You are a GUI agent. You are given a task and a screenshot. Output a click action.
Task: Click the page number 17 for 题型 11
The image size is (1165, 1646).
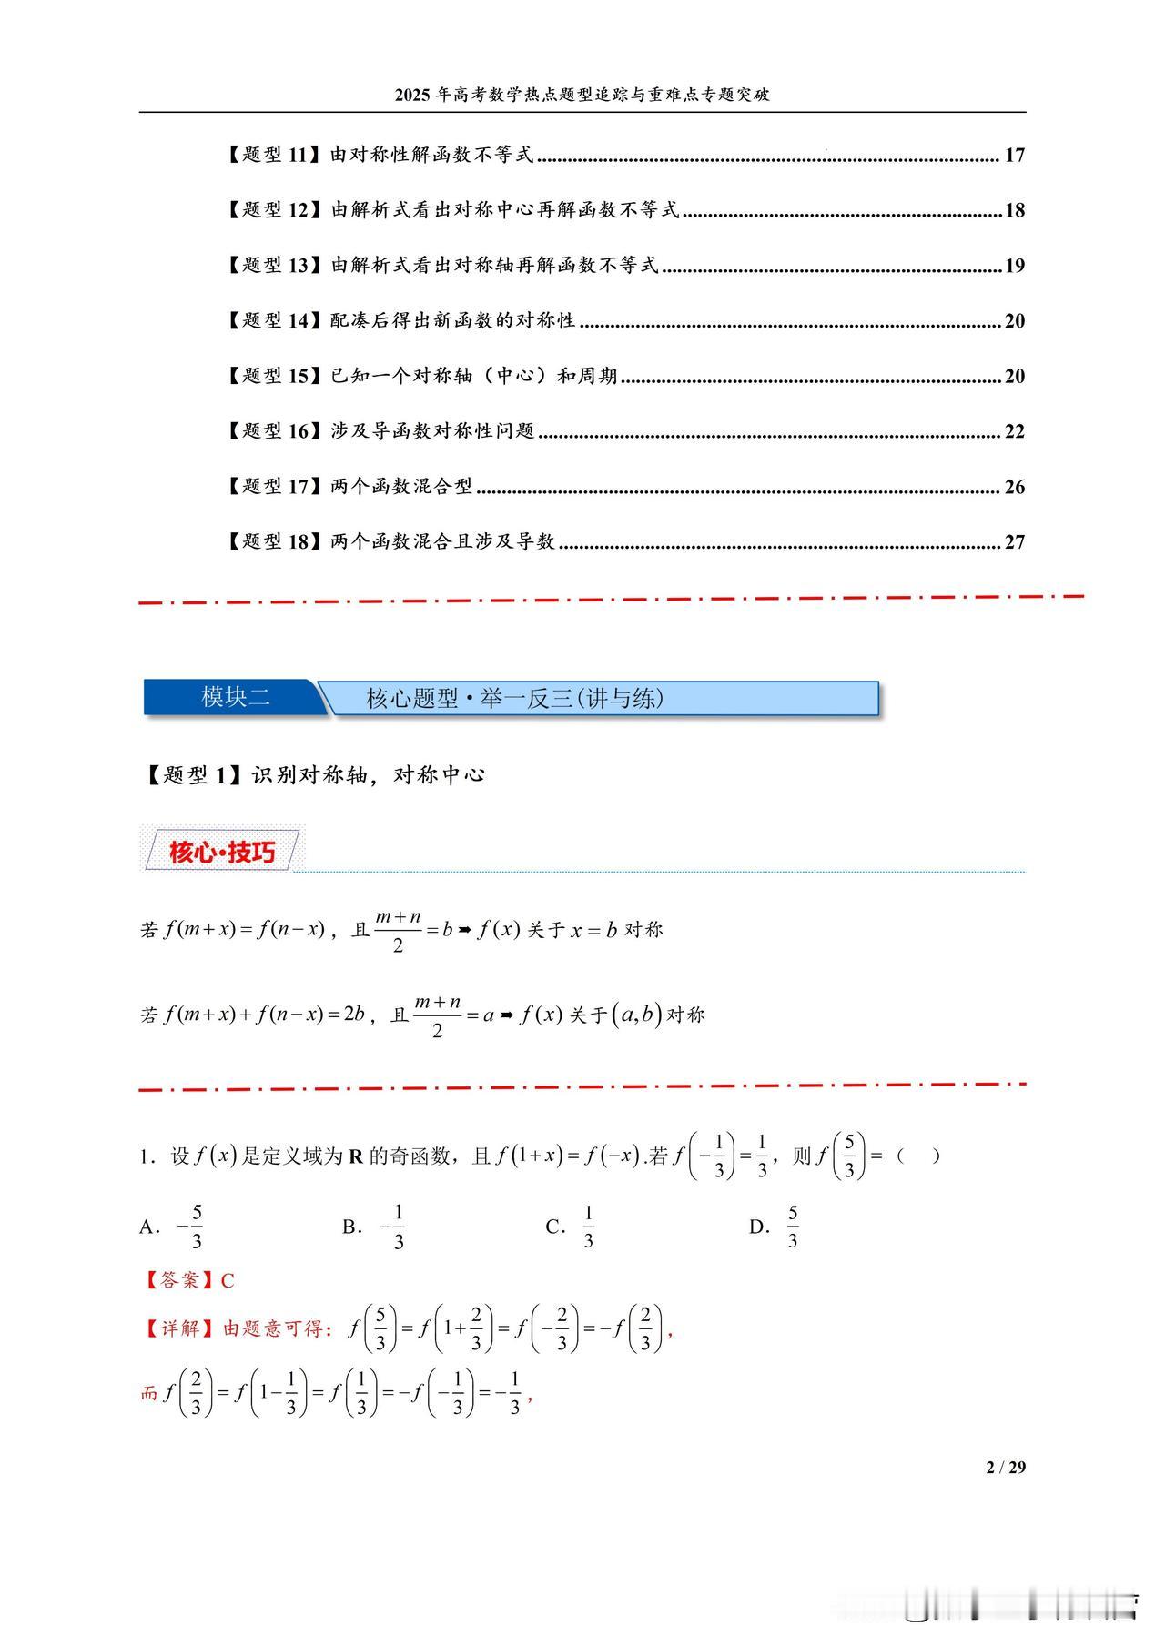click(x=1014, y=156)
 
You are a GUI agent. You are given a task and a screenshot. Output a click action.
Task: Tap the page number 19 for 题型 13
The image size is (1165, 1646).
click(x=1014, y=266)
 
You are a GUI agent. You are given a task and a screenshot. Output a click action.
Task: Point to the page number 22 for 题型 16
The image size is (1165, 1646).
click(x=1014, y=431)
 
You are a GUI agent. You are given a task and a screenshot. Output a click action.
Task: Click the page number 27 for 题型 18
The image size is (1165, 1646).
click(x=1014, y=542)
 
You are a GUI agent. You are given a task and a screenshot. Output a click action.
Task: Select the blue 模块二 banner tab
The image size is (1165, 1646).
click(x=235, y=698)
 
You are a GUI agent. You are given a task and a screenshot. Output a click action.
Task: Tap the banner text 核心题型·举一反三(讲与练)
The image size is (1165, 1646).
click(x=514, y=699)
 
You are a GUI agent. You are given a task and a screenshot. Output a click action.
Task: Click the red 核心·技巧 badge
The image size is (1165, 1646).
click(x=221, y=853)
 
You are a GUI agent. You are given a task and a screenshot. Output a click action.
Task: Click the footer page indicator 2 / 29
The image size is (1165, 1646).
click(x=1005, y=1467)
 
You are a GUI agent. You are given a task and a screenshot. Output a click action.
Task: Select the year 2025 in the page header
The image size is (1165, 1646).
click(x=414, y=95)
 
